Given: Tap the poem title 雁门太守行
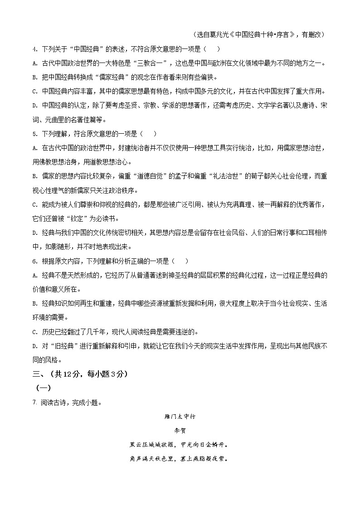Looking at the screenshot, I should (180, 416).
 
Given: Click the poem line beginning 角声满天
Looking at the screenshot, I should (180, 459).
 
